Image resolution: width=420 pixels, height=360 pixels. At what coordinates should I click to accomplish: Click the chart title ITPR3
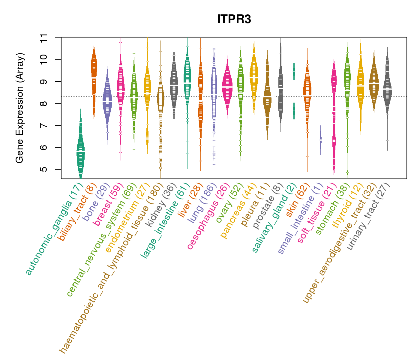(234, 19)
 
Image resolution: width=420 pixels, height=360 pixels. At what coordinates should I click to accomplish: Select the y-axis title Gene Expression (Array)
(20, 108)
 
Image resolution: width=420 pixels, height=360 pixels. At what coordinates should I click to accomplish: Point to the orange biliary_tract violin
(94, 78)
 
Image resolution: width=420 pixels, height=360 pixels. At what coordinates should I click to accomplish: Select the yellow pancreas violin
(254, 78)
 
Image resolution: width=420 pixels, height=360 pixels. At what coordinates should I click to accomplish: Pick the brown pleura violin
(267, 96)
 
